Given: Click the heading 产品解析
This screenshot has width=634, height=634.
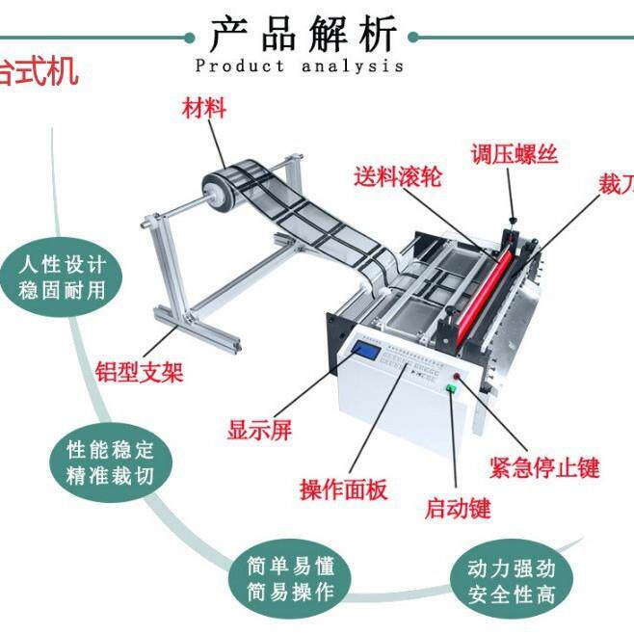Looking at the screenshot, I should click(303, 36).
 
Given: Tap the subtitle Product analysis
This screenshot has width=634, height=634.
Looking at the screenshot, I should click(300, 66).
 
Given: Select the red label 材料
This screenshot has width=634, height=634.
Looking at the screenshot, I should click(204, 107).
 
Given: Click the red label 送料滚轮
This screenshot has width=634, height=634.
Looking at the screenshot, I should click(397, 176).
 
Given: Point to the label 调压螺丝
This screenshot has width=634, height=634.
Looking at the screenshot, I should click(514, 153).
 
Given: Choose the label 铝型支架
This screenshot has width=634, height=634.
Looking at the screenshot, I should click(139, 371).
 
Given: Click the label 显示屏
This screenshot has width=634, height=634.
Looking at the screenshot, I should click(259, 431).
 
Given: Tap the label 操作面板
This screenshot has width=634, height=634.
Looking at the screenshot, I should click(344, 489).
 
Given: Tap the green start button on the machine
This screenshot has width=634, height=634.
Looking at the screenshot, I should click(450, 387).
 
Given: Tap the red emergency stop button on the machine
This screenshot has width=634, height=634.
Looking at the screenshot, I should click(456, 375).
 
